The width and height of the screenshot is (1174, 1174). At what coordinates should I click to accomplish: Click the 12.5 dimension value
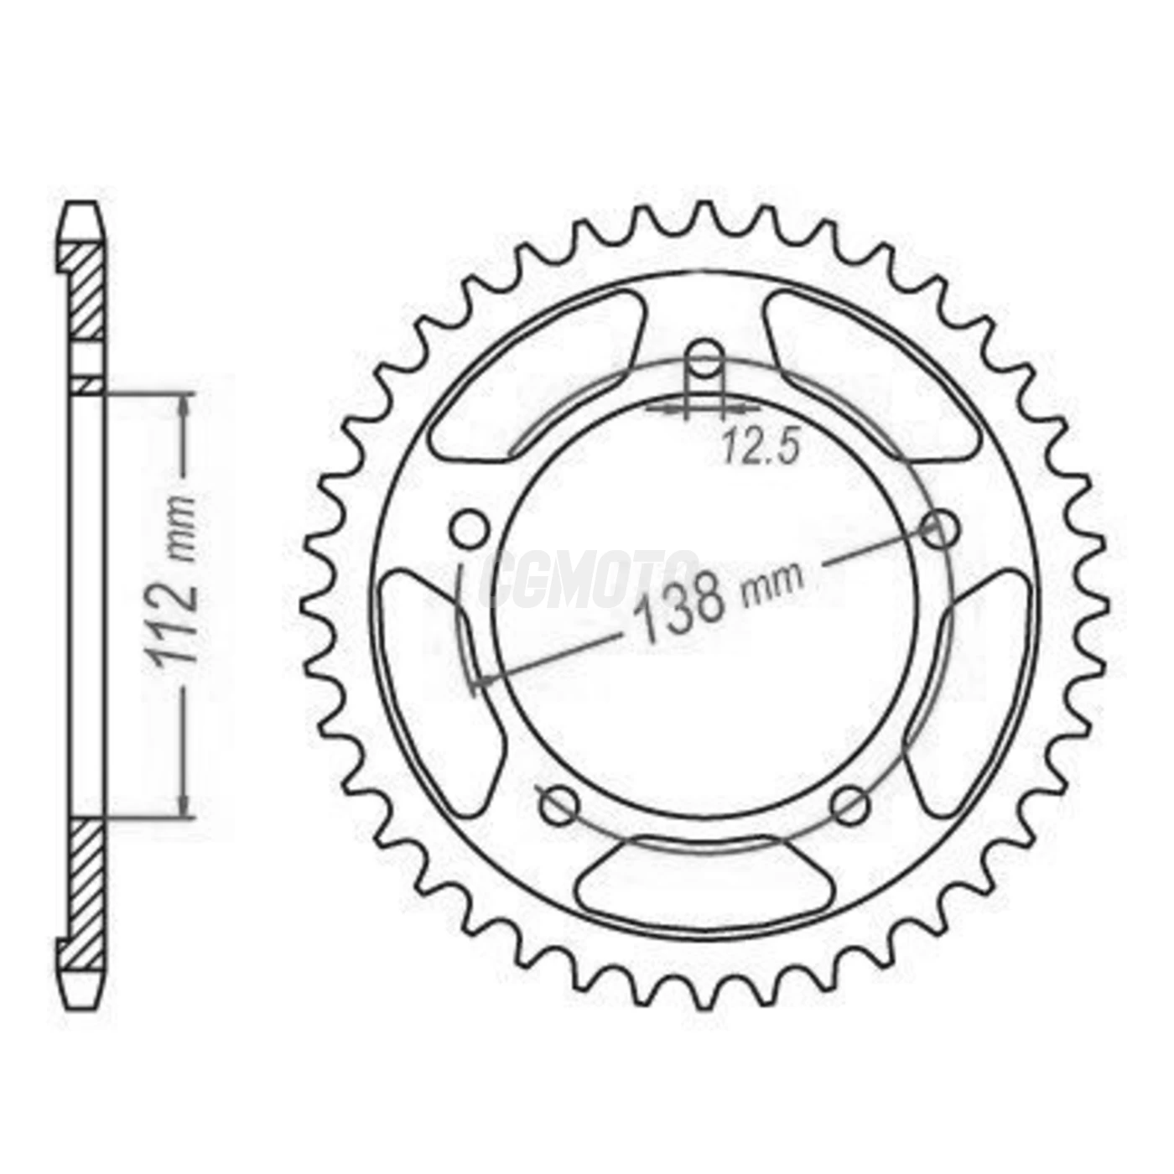coord(758,449)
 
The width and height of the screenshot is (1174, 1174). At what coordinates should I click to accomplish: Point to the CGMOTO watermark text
coord(591,579)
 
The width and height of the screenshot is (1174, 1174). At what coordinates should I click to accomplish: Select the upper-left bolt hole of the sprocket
coord(469,528)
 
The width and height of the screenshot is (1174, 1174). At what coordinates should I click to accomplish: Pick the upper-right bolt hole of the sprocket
coord(939,529)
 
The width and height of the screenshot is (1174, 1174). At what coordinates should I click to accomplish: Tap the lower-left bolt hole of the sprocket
coord(558,806)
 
